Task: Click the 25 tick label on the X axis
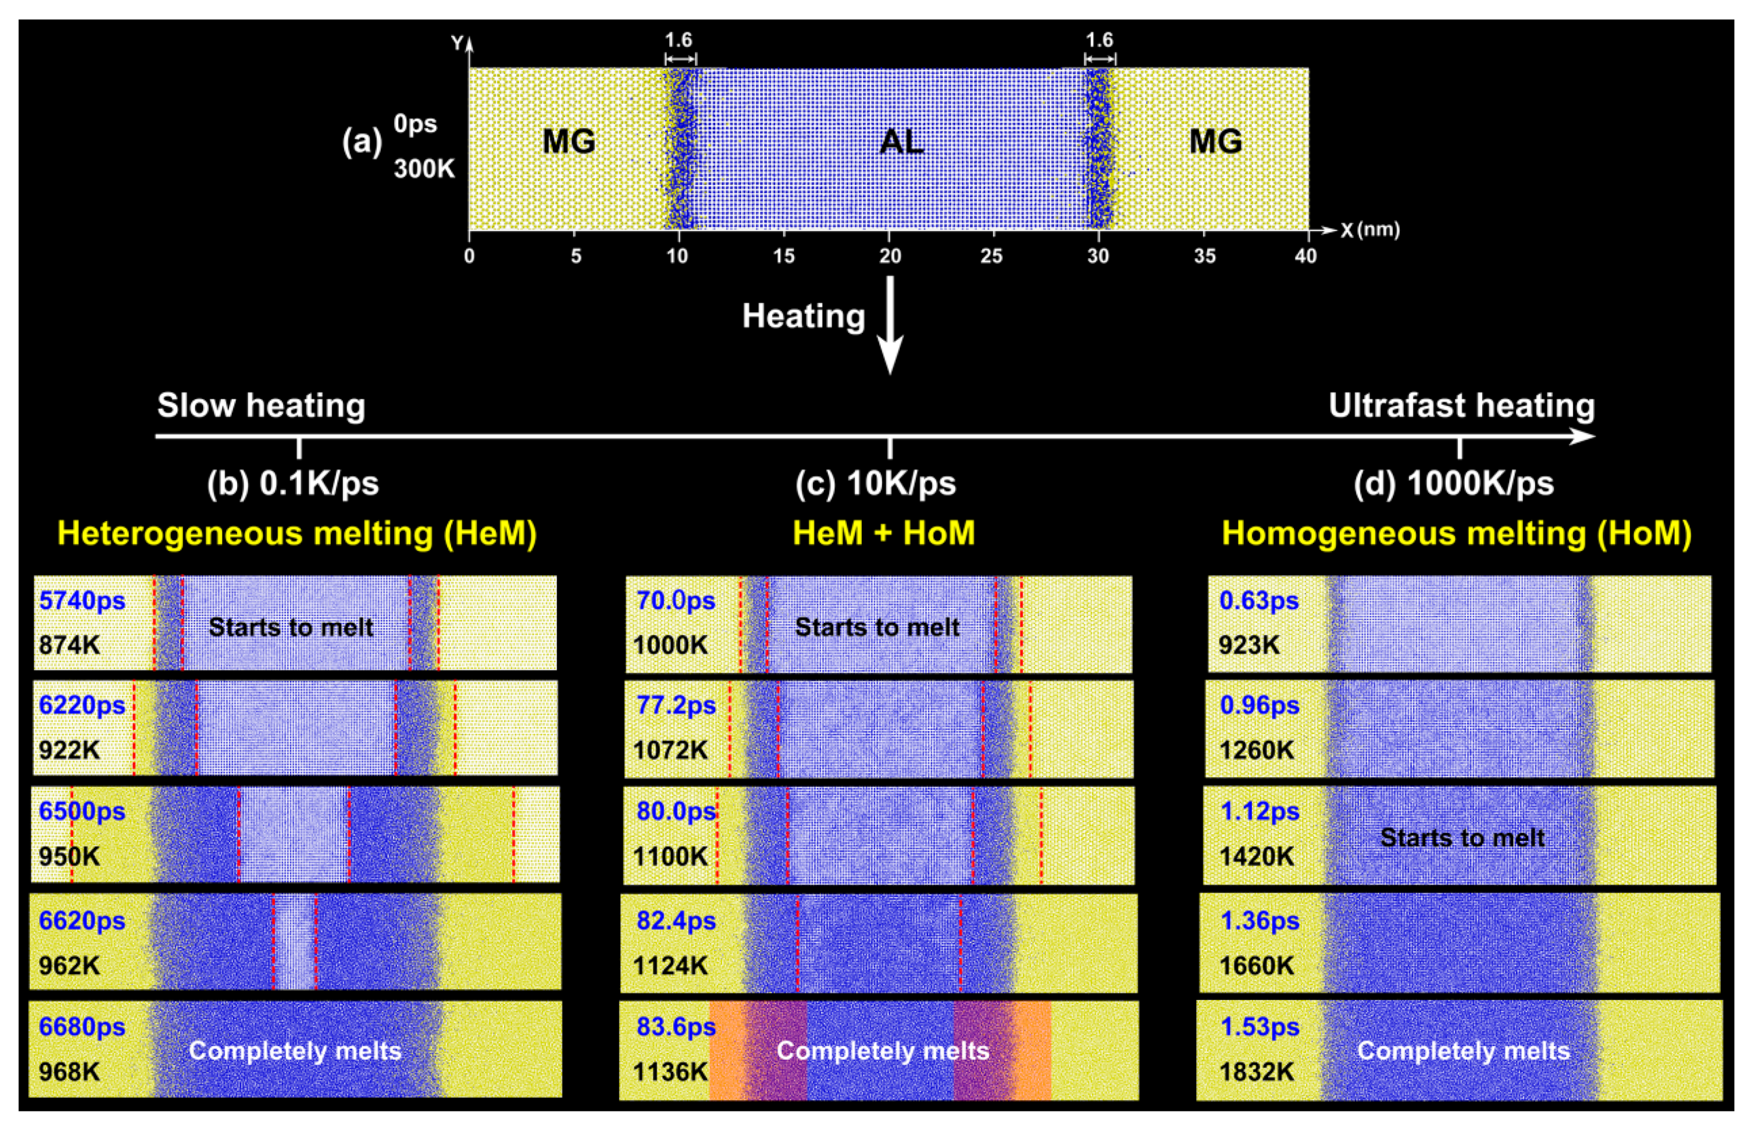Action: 992,256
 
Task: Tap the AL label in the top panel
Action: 901,141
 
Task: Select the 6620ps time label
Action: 82,920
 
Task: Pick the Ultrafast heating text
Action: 1462,405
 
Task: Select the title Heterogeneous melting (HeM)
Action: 297,533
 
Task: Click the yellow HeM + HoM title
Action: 884,533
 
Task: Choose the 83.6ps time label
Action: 675,1026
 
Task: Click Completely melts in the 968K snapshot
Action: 295,1051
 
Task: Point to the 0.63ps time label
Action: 1258,600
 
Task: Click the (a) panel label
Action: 362,141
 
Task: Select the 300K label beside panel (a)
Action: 424,169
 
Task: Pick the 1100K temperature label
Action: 670,857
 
